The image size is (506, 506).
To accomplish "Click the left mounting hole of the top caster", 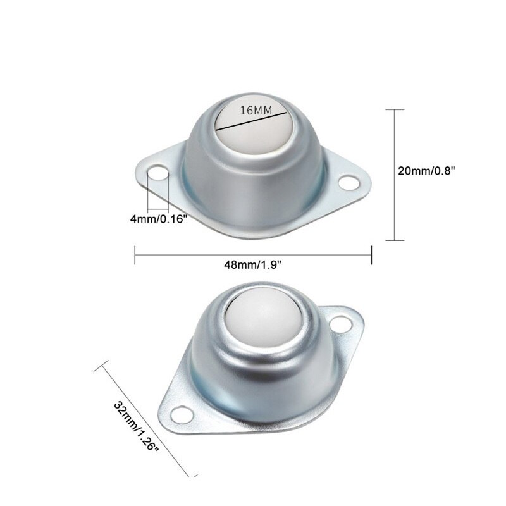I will (157, 173).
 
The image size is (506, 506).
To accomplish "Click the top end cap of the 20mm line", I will (395, 109).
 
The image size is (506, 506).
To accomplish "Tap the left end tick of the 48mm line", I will (136, 255).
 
